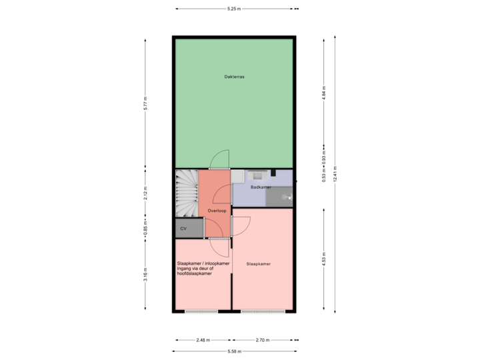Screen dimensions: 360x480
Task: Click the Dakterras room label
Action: pyautogui.click(x=234, y=77)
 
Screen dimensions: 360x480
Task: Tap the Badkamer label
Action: pyautogui.click(x=260, y=187)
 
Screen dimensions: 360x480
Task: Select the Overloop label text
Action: pyautogui.click(x=217, y=210)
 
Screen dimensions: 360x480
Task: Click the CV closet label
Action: pyautogui.click(x=183, y=229)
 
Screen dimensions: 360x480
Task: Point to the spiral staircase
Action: pyautogui.click(x=187, y=193)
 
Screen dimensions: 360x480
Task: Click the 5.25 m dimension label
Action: pyautogui.click(x=234, y=9)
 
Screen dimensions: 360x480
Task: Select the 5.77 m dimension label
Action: pyautogui.click(x=145, y=103)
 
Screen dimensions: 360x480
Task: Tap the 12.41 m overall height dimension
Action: pyautogui.click(x=335, y=174)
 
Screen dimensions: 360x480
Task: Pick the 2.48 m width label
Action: pyautogui.click(x=203, y=340)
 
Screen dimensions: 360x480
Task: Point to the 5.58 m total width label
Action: pyautogui.click(x=234, y=351)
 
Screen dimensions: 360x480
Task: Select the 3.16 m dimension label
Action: pyautogui.click(x=145, y=275)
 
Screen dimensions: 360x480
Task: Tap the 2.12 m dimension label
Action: pyautogui.click(x=145, y=193)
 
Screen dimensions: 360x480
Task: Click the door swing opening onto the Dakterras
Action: pyautogui.click(x=220, y=159)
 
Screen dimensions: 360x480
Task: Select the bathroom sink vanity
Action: pyautogui.click(x=257, y=175)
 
